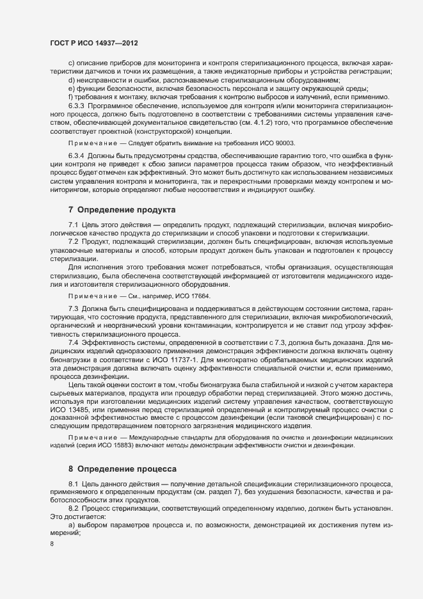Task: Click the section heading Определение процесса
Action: click(x=126, y=469)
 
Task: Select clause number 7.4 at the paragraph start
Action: click(x=72, y=343)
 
